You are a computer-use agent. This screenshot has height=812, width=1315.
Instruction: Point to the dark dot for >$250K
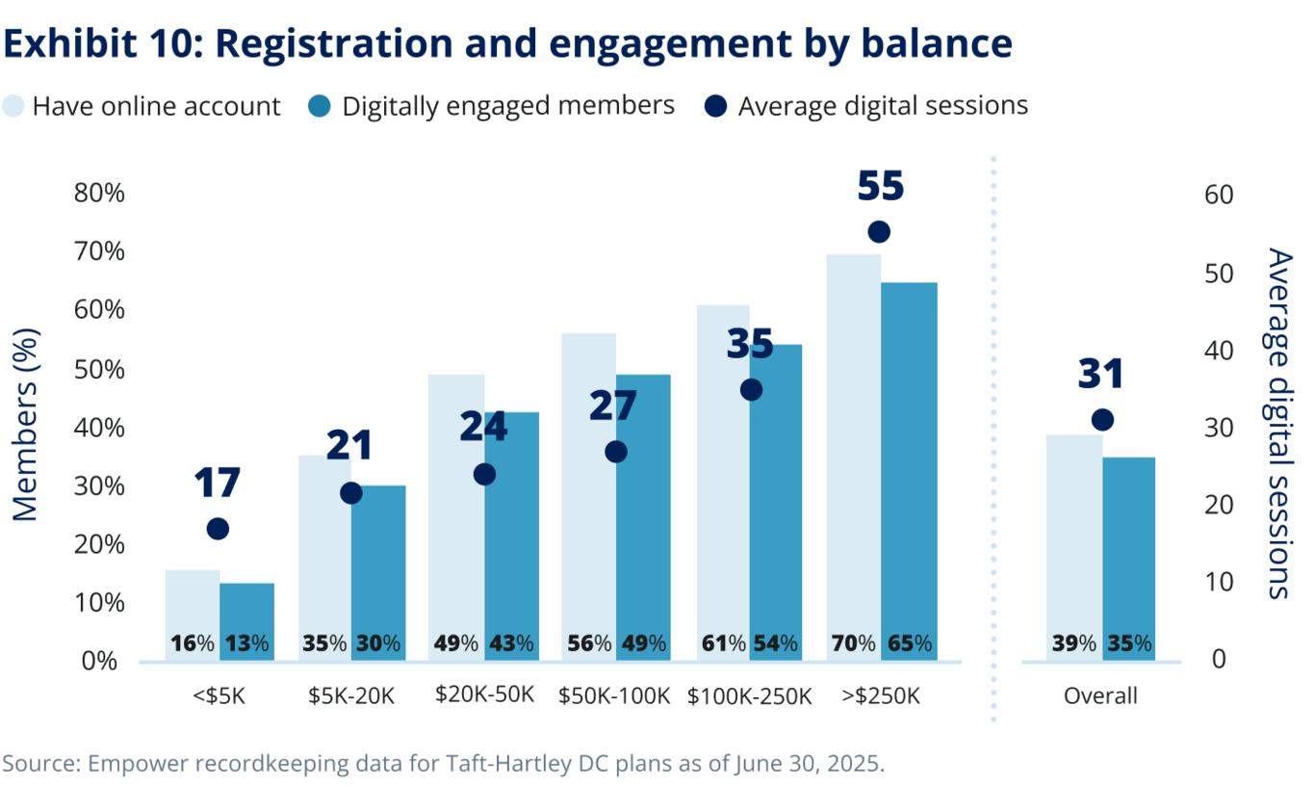879,232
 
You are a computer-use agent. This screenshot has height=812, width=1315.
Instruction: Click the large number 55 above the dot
880,186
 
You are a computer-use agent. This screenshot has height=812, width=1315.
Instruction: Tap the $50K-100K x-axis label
614,695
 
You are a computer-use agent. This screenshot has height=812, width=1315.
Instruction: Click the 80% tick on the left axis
100,193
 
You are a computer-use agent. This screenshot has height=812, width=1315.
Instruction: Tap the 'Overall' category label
1100,695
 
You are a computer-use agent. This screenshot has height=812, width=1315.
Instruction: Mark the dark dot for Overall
1103,420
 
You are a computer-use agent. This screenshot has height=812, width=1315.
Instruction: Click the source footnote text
443,764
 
